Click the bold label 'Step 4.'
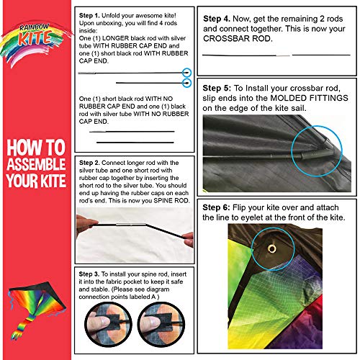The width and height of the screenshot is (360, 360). pos(217,19)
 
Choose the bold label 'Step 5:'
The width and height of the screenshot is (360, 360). pos(217,89)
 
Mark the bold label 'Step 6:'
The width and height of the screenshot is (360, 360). pos(217,207)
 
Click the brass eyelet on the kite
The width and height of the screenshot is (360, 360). pos(271,248)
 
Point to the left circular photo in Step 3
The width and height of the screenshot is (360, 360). pos(108,325)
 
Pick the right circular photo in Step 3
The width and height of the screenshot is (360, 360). pos(161,325)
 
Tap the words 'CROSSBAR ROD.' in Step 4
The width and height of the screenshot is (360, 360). pos(238,39)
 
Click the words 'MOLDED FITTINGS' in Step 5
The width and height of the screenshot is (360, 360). pos(309,98)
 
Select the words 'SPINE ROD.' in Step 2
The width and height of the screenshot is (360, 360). pos(172,201)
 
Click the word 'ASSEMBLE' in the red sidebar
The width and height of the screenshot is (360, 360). pos(36,164)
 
